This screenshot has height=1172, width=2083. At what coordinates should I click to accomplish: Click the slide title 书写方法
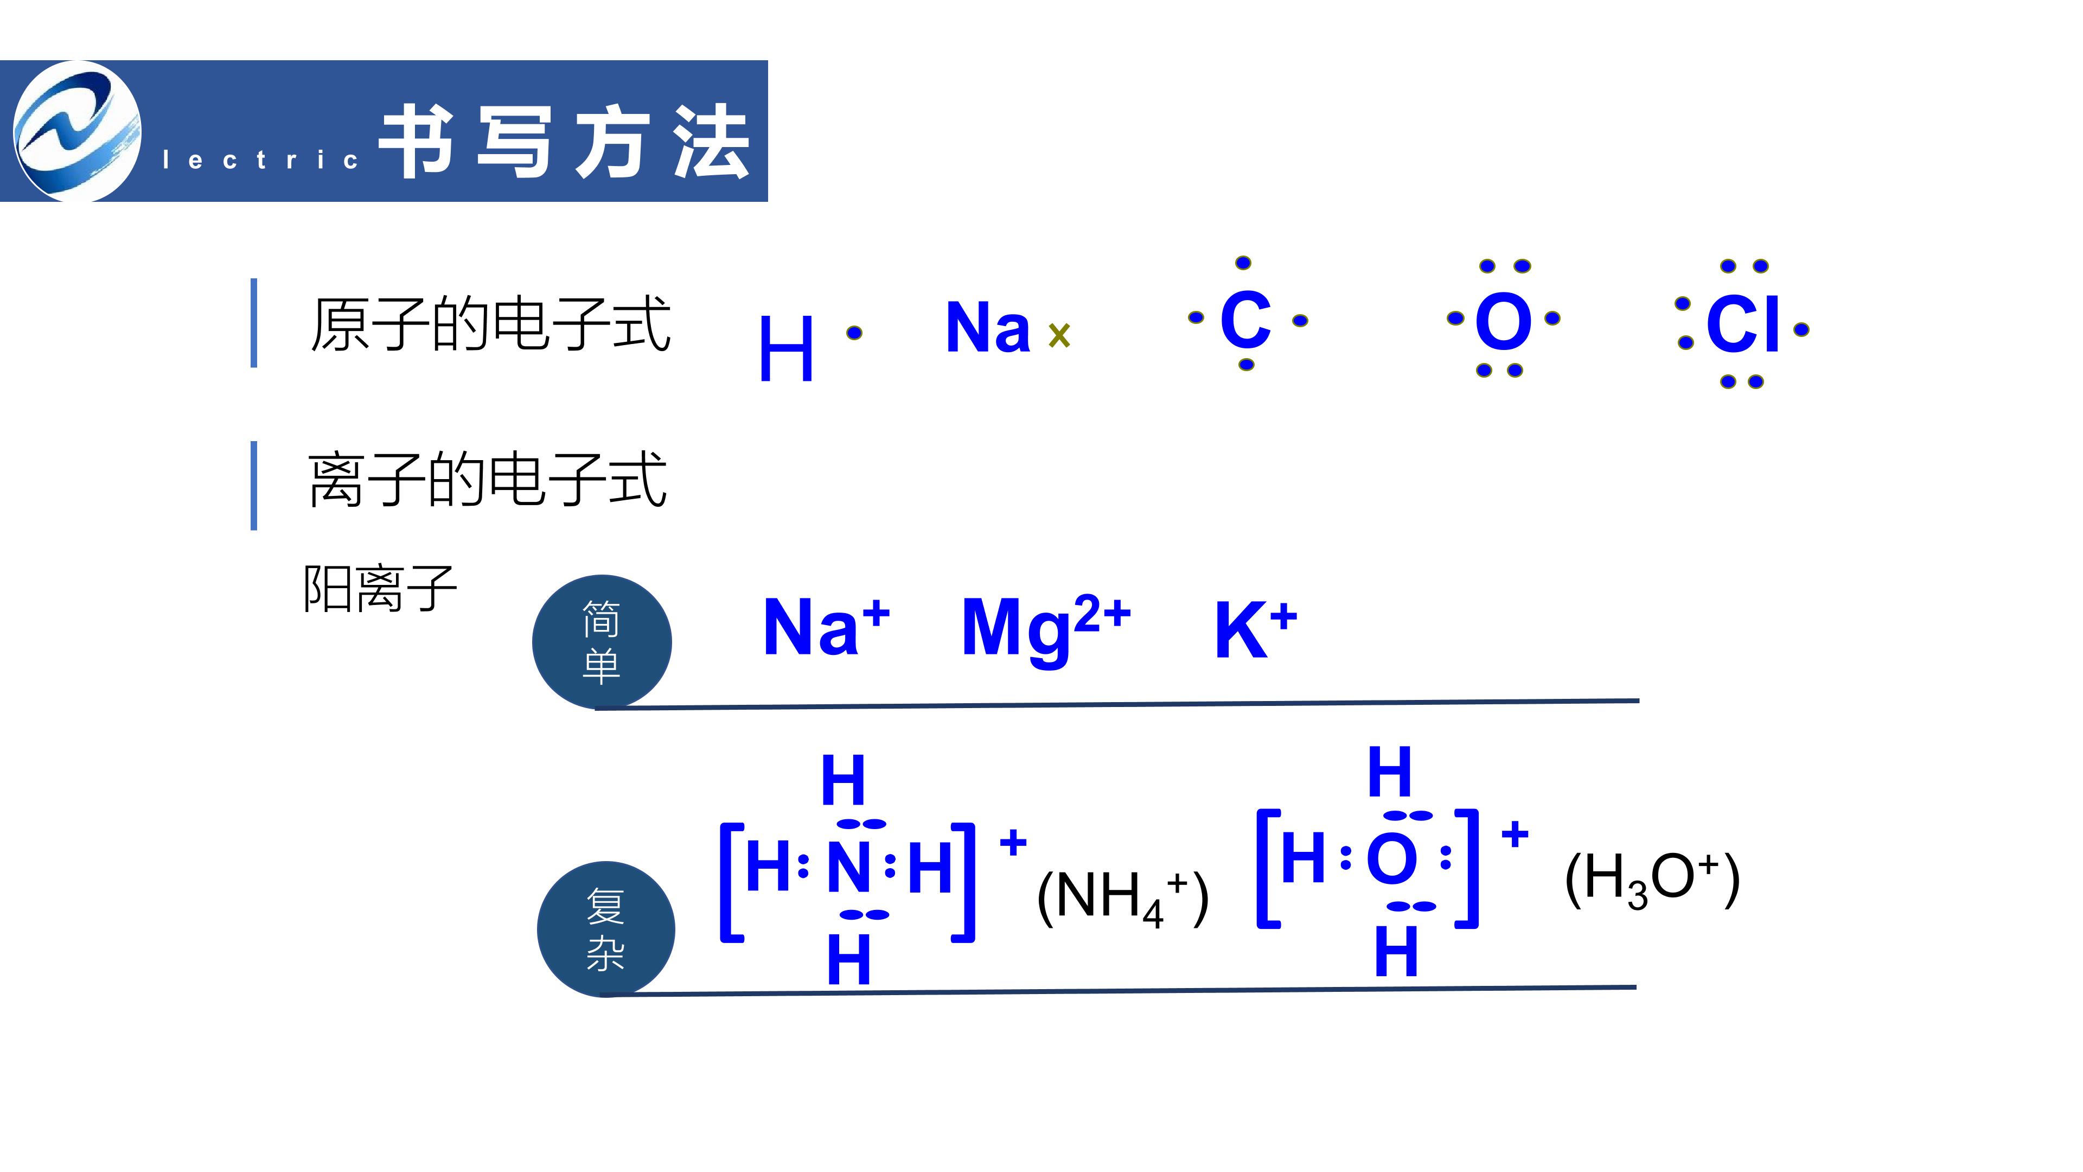(564, 142)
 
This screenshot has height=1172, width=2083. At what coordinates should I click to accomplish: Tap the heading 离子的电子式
(488, 480)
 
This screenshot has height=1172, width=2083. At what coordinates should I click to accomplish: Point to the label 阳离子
(379, 588)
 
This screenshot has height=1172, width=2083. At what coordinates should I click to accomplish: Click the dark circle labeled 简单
(602, 641)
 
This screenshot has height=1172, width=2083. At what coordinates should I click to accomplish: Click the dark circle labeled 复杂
(606, 928)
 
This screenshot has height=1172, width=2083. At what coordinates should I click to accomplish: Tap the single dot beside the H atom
(854, 333)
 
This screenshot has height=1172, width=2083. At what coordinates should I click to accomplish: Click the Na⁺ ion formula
(826, 626)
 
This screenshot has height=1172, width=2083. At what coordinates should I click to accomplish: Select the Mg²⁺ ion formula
(1045, 629)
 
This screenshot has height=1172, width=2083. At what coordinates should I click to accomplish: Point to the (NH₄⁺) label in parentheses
(1122, 898)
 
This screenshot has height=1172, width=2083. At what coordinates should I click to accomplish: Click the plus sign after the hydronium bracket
(1515, 834)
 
